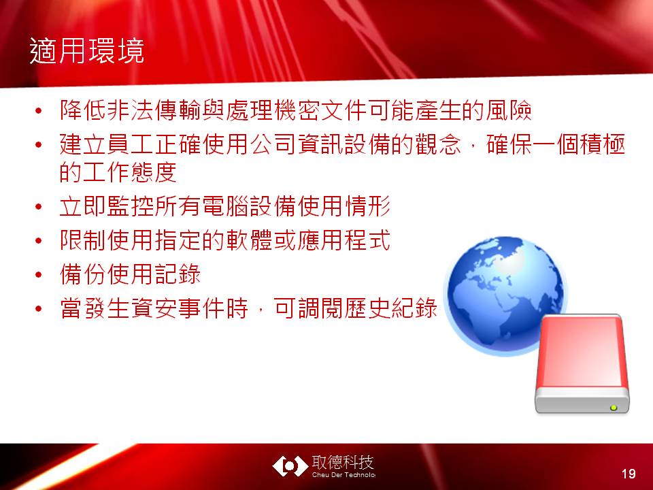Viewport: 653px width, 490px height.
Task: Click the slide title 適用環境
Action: [x=87, y=51]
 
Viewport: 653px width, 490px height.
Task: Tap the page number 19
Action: [x=629, y=474]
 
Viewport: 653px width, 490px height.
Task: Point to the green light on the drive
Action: [x=614, y=408]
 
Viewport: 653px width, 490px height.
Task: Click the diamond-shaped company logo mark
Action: [x=290, y=466]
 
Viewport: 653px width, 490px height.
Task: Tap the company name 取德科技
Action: [x=343, y=463]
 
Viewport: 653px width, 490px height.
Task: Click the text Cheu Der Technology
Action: [x=344, y=475]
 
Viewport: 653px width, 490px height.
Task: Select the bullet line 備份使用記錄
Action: [x=131, y=274]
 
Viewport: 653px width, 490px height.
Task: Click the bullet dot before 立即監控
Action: [x=39, y=207]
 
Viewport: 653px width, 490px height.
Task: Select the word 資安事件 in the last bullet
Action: [x=178, y=309]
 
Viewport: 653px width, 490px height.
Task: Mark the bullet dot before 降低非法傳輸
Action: [x=39, y=111]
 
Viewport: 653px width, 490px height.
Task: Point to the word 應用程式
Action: [x=344, y=240]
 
